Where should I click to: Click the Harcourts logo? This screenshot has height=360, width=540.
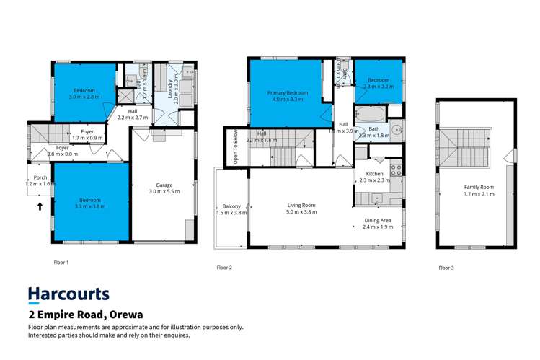pyautogui.click(x=68, y=294)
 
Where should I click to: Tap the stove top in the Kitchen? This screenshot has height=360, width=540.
pyautogui.click(x=395, y=171)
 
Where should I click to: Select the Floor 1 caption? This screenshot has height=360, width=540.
pyautogui.click(x=61, y=263)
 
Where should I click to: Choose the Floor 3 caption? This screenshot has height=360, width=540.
pyautogui.click(x=447, y=268)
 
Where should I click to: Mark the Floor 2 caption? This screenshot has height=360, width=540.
pyautogui.click(x=224, y=268)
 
